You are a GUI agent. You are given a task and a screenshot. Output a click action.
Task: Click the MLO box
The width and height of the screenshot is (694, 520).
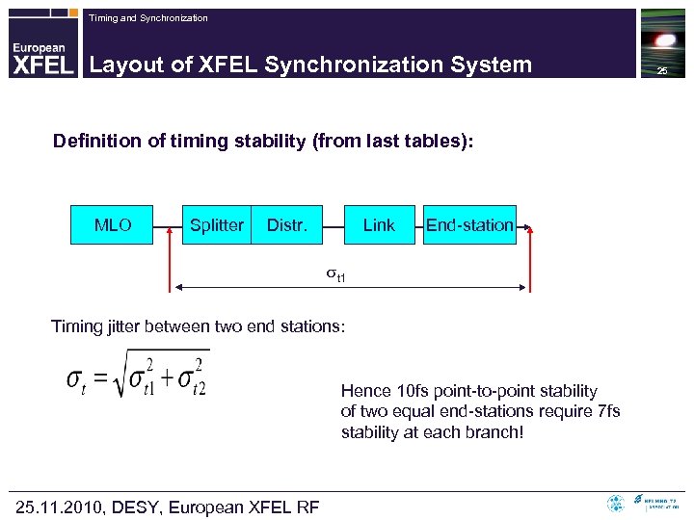pyautogui.click(x=112, y=224)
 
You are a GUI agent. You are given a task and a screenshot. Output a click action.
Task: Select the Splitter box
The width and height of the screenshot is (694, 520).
pyautogui.click(x=217, y=224)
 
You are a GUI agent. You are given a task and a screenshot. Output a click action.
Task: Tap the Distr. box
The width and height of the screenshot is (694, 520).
pyautogui.click(x=286, y=224)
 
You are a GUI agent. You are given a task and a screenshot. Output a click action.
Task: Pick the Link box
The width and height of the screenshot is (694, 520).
pyautogui.click(x=379, y=224)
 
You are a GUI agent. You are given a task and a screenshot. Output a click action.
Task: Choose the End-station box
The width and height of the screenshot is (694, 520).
pyautogui.click(x=469, y=224)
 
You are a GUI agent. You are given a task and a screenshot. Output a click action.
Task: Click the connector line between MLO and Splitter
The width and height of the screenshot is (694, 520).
pyautogui.click(x=168, y=225)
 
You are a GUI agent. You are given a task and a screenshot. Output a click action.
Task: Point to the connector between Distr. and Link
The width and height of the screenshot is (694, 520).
pyautogui.click(x=334, y=225)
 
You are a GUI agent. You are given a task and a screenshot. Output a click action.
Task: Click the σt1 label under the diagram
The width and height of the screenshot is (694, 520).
pyautogui.click(x=334, y=275)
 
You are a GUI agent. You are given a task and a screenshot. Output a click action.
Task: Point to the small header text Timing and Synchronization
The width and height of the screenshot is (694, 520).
pyautogui.click(x=147, y=18)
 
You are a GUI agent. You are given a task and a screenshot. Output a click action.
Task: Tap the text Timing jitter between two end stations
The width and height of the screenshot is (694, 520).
pyautogui.click(x=198, y=327)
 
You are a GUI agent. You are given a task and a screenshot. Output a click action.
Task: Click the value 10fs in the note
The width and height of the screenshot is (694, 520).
pyautogui.click(x=407, y=391)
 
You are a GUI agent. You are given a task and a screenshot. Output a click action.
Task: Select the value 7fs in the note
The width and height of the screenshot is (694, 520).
pyautogui.click(x=608, y=411)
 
